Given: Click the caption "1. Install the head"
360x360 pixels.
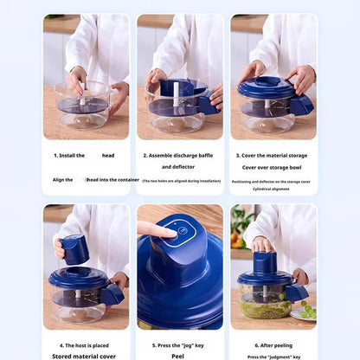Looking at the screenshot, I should (x=83, y=155).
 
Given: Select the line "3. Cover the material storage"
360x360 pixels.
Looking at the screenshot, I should (x=273, y=155).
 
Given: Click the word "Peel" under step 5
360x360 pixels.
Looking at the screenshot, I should (x=180, y=356).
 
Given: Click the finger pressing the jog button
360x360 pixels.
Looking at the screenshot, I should (x=156, y=229).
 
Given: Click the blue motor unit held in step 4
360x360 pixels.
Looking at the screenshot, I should (x=76, y=250).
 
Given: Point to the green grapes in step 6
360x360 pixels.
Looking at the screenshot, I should (x=307, y=310).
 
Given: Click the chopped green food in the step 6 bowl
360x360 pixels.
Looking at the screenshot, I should (x=264, y=308).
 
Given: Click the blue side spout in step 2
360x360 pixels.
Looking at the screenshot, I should (x=209, y=105).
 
